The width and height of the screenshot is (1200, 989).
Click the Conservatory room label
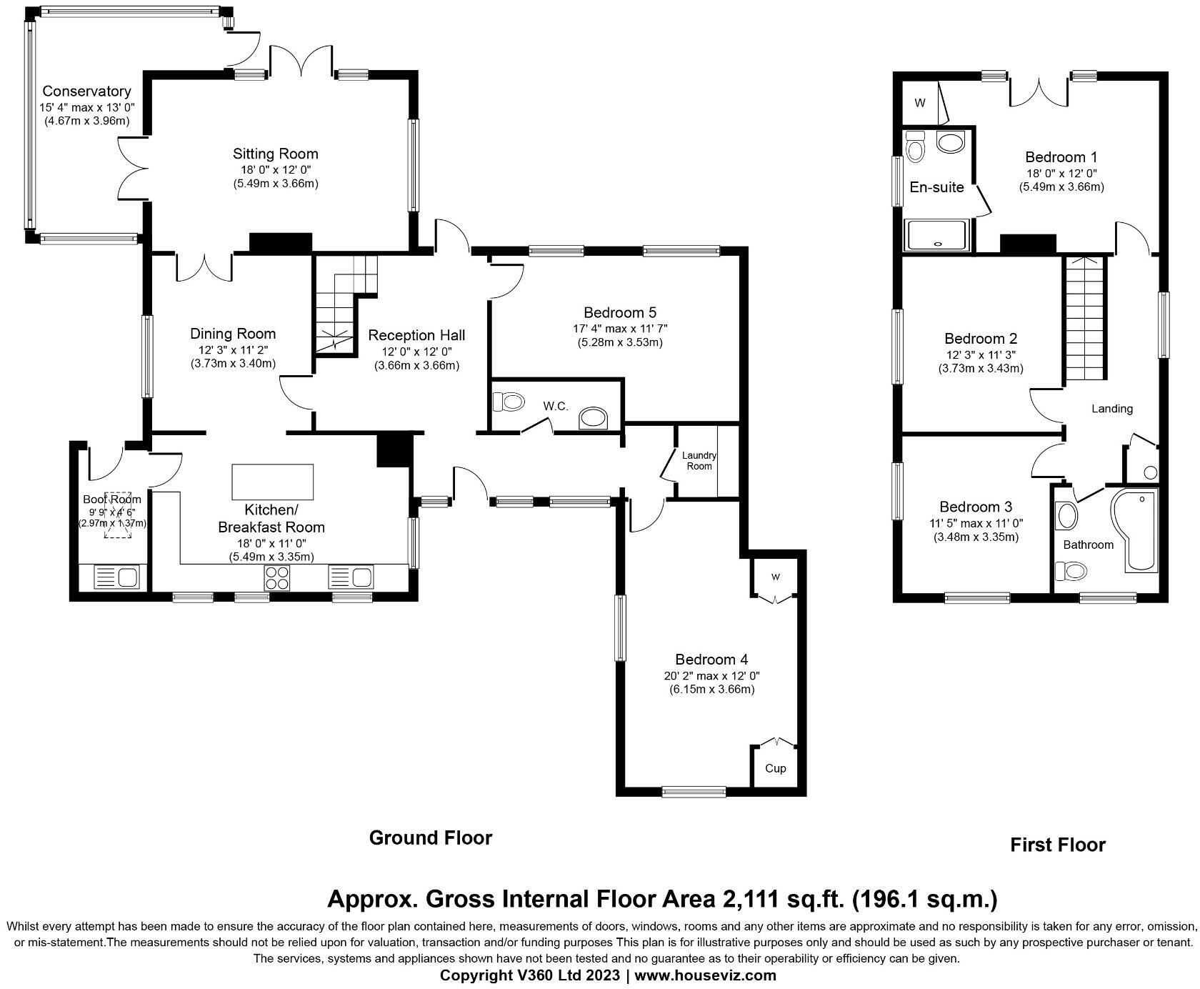point(86,91)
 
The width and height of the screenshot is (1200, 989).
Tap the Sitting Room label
point(275,154)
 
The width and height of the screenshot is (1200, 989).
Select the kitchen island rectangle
point(273,482)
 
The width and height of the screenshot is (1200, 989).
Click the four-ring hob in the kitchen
point(278,577)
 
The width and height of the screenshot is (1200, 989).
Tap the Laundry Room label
point(699,461)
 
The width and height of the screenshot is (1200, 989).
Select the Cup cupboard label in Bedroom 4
point(775,768)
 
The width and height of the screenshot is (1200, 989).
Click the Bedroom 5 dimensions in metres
point(620,342)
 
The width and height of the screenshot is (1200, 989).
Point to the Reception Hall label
point(416,335)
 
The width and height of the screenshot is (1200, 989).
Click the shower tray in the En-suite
point(936,235)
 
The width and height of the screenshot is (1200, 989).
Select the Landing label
point(1112,409)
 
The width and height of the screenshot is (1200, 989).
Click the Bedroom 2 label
point(981,339)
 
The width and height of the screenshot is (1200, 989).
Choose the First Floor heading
point(1058,845)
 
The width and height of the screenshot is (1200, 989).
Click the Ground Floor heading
point(431,838)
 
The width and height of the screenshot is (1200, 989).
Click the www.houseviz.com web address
point(705,975)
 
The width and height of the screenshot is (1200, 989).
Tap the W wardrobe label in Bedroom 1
point(920,103)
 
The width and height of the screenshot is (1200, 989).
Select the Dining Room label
point(233,334)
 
